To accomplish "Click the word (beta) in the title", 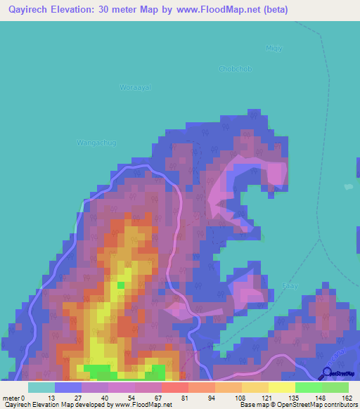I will [275, 10].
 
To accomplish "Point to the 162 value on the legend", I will [347, 397].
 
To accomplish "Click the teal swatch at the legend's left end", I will [41, 387].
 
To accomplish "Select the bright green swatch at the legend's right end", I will [335, 387].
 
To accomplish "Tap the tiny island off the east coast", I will [349, 187].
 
